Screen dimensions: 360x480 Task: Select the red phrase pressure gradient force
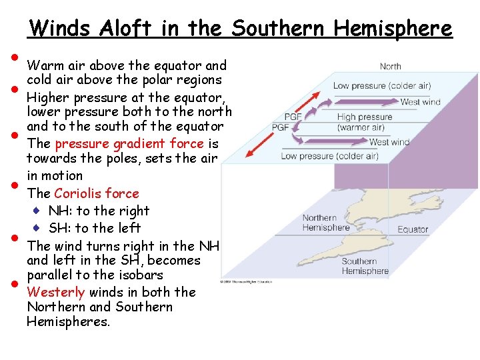pos(129,143)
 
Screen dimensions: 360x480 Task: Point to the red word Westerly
pos(56,292)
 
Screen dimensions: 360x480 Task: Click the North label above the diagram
pos(390,66)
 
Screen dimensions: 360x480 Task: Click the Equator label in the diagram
pos(413,229)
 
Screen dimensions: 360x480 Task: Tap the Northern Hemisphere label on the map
pos(325,223)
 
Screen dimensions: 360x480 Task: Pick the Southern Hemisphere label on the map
pos(365,266)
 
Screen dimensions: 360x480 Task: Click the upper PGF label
pos(293,117)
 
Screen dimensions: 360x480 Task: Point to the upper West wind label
pos(420,102)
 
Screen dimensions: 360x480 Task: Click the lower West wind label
pos(389,142)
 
